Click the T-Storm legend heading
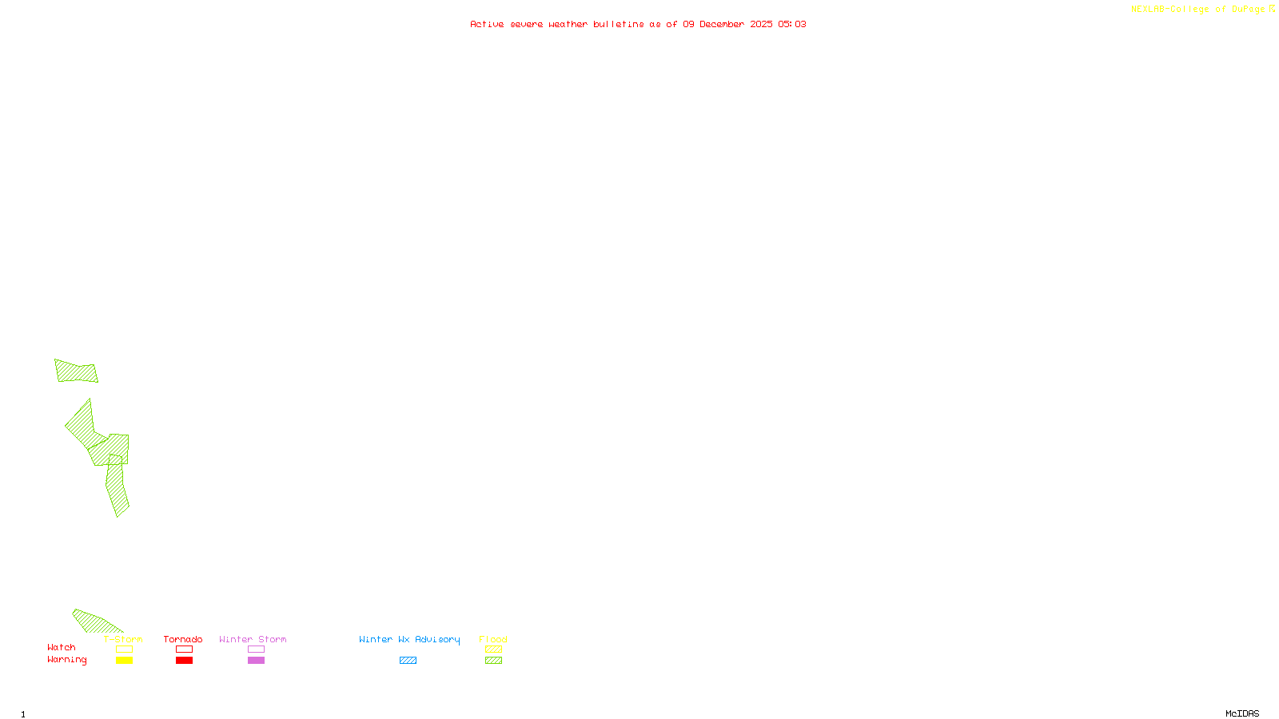point(123,639)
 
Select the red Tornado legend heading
point(183,639)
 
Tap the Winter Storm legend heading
point(253,639)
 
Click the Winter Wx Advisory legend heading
point(409,639)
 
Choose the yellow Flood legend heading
point(493,639)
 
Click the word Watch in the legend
point(62,647)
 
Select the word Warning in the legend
point(67,660)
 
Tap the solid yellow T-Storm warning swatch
point(124,661)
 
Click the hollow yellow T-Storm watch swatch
point(124,649)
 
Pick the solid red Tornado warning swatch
point(184,661)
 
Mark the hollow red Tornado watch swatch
point(184,649)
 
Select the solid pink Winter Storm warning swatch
point(256,661)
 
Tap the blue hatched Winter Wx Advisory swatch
point(408,661)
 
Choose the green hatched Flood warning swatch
point(493,661)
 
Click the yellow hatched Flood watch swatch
point(493,649)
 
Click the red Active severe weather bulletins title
point(638,24)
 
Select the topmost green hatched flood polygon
point(76,371)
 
